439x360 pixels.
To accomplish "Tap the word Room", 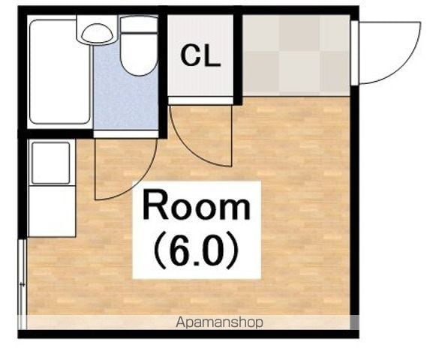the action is (x=197, y=205).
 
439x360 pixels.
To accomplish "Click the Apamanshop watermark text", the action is (x=219, y=322).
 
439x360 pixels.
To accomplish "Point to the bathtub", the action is (x=59, y=71).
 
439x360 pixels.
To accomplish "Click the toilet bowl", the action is (x=139, y=55).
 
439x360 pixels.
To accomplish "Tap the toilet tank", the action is (x=139, y=24).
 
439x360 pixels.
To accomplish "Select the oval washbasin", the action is (x=97, y=33).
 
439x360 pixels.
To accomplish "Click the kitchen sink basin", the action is (x=51, y=163).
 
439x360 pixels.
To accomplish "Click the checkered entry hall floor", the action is (x=296, y=55).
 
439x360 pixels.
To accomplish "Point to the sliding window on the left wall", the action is (x=22, y=284).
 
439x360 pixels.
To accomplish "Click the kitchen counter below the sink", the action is (x=52, y=211).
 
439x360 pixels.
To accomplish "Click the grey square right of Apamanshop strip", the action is (x=354, y=322).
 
